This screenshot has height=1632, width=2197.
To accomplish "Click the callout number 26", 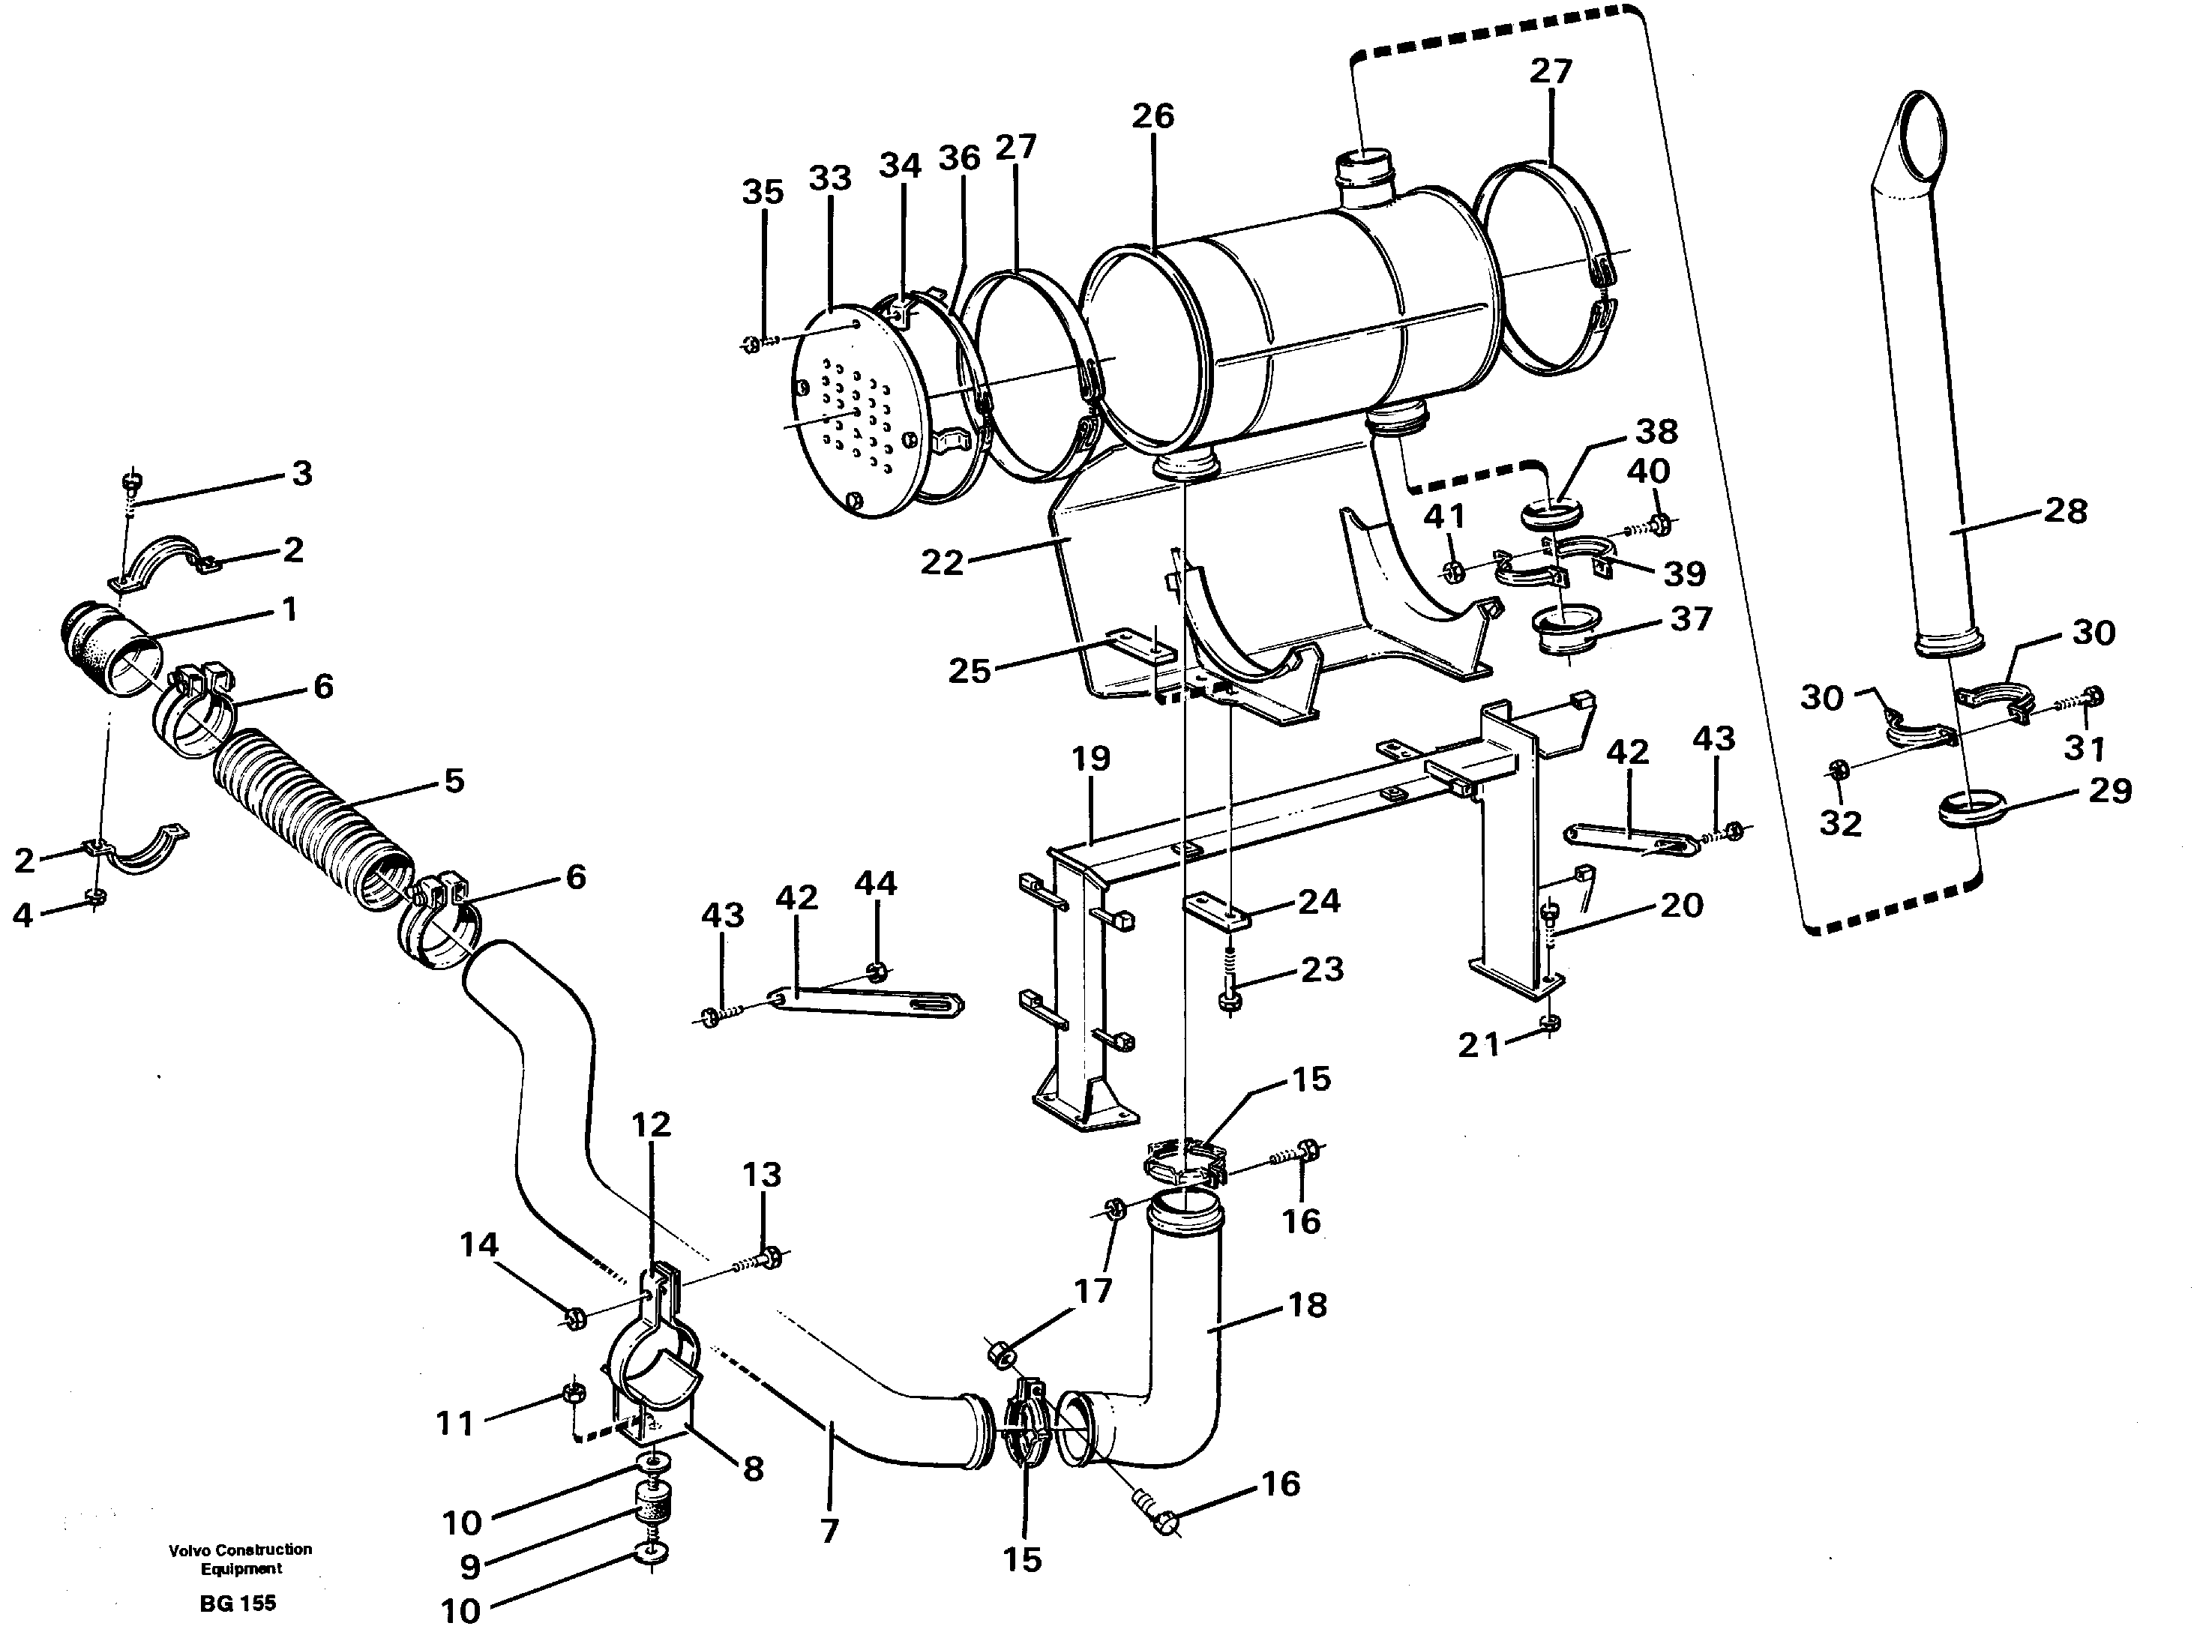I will coord(1152,117).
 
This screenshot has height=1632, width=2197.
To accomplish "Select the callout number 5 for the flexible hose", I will coord(454,780).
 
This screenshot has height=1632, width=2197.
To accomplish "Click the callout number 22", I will coord(942,562).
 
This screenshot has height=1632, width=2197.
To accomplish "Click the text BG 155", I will coord(237,1604).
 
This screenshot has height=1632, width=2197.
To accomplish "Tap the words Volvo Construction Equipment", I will coord(240,1559).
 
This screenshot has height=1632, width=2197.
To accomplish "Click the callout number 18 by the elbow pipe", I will coord(1307,1305).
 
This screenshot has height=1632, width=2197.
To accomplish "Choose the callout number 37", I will coord(1690,618).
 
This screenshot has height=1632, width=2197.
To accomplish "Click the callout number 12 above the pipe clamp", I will coord(651,1124).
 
